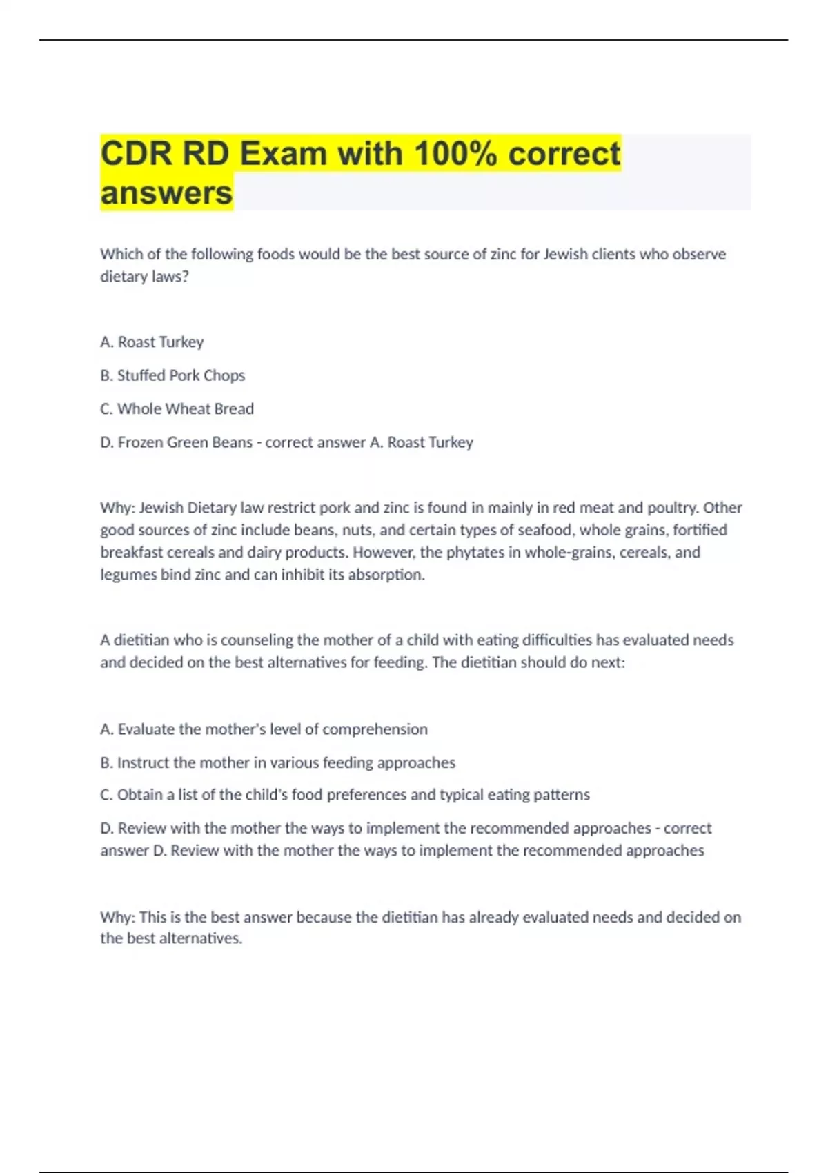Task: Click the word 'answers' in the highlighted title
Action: [166, 193]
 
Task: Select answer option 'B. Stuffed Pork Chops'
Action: [172, 375]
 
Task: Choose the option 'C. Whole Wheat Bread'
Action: [177, 408]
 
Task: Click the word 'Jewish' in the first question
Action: [566, 254]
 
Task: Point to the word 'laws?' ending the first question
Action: [170, 277]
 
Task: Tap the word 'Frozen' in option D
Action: [138, 442]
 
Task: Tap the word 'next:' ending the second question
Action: [608, 662]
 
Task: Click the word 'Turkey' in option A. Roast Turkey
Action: [181, 342]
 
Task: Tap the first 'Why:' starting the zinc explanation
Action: [117, 508]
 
